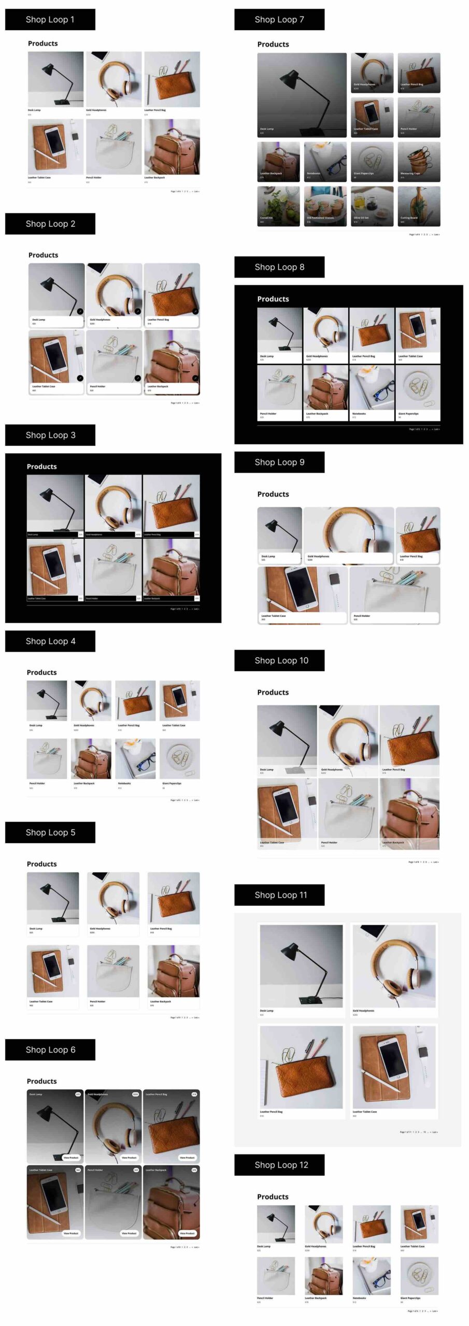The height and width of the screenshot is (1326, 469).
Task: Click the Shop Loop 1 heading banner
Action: click(50, 20)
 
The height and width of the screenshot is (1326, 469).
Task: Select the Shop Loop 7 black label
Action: click(279, 20)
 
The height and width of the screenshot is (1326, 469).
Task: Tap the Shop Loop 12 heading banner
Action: click(279, 1165)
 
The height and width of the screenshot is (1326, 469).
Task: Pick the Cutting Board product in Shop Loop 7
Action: click(419, 206)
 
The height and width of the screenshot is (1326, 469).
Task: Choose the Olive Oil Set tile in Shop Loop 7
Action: click(372, 206)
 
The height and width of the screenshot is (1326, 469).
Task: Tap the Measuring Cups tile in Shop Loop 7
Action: click(419, 162)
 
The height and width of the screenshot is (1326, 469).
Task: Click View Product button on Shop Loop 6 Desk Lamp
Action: click(70, 1157)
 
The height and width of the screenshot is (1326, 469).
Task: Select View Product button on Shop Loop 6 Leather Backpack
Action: click(187, 1233)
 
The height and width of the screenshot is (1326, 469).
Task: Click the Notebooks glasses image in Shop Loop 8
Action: click(372, 387)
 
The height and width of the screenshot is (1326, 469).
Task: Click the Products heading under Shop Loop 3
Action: click(42, 467)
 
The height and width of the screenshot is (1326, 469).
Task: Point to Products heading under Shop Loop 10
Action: click(273, 693)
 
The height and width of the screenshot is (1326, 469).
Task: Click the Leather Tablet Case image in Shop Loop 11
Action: click(394, 1066)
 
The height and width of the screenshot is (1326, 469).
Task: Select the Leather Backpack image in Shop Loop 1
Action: click(172, 147)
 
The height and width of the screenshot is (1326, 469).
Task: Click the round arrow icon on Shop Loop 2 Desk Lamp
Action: click(80, 311)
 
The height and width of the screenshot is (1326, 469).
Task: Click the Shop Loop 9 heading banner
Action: click(279, 462)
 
